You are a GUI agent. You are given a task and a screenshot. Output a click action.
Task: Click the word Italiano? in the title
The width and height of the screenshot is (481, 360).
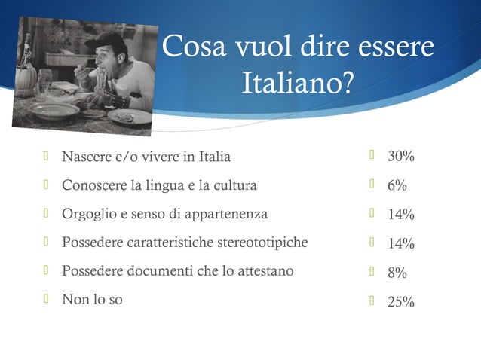click(x=297, y=83)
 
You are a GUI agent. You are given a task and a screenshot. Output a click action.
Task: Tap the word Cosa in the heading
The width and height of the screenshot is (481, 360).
click(x=189, y=47)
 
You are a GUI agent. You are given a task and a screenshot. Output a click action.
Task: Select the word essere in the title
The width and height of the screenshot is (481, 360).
click(x=395, y=47)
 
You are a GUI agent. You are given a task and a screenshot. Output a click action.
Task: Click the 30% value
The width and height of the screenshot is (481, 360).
click(x=401, y=157)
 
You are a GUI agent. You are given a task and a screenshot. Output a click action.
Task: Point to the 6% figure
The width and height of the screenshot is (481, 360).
click(x=397, y=186)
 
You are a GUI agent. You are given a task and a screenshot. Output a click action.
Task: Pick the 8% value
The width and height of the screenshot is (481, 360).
click(x=397, y=273)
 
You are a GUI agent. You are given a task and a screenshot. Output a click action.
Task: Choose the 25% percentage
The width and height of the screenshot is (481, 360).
click(x=401, y=303)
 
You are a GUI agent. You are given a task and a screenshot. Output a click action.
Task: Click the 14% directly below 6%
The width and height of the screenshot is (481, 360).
click(x=401, y=215)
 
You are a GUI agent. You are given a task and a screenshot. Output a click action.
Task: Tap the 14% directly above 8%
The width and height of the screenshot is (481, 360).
click(x=401, y=244)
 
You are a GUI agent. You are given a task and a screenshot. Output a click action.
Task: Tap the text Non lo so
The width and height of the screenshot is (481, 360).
click(x=92, y=300)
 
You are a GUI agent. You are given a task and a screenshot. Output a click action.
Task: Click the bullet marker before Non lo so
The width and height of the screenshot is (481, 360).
click(x=47, y=299)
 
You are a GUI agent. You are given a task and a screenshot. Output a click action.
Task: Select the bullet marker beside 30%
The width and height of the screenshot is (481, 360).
click(x=372, y=157)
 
